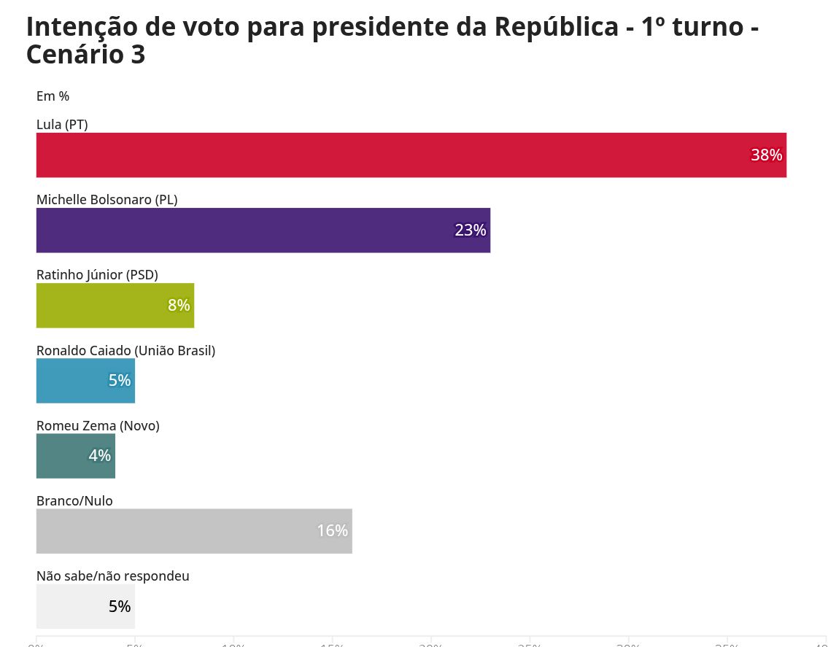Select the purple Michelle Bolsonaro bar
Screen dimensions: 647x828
pos(263,230)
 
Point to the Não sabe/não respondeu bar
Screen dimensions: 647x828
pos(85,606)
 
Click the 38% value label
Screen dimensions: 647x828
pos(766,155)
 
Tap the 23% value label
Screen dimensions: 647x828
pos(470,230)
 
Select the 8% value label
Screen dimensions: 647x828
pos(179,306)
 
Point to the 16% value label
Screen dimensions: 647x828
pos(332,531)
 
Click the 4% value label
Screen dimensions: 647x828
pos(100,456)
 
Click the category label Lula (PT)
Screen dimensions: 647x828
pos(62,125)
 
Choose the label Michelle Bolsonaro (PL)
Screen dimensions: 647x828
pos(107,200)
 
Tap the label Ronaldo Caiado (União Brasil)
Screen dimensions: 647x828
pos(126,351)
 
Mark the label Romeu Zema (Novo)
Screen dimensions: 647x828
pos(98,426)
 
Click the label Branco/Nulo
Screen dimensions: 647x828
pos(74,501)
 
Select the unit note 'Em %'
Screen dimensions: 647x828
pos(53,96)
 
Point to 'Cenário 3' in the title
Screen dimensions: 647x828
pos(85,55)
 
